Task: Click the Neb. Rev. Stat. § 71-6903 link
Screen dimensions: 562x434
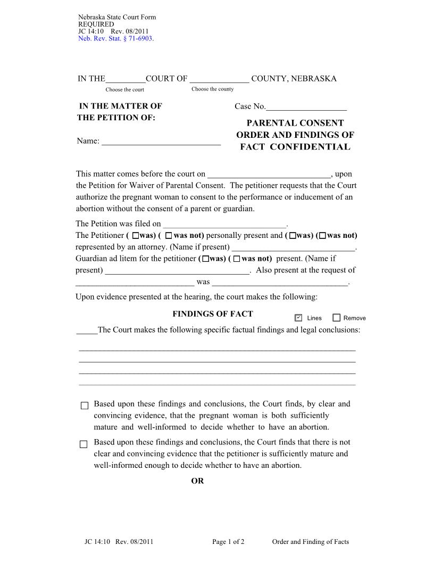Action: click(x=115, y=39)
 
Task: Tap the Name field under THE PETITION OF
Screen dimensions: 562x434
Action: click(x=161, y=141)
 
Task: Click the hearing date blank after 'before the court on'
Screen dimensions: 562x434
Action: click(x=269, y=174)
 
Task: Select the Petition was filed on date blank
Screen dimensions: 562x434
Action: click(x=224, y=224)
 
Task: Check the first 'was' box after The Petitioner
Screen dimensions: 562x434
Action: click(x=136, y=235)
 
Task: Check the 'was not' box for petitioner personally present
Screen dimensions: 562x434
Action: click(x=169, y=235)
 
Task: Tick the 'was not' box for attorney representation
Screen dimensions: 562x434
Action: click(x=323, y=235)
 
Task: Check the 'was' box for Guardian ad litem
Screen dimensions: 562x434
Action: click(x=206, y=259)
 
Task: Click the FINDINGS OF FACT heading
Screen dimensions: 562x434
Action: click(x=212, y=314)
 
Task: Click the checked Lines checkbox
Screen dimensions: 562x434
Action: click(x=298, y=318)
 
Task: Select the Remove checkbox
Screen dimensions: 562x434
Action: click(x=336, y=318)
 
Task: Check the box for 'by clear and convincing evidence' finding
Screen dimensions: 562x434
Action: click(x=84, y=406)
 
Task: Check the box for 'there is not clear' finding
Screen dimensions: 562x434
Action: click(x=84, y=444)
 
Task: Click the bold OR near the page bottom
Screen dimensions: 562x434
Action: click(x=197, y=481)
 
